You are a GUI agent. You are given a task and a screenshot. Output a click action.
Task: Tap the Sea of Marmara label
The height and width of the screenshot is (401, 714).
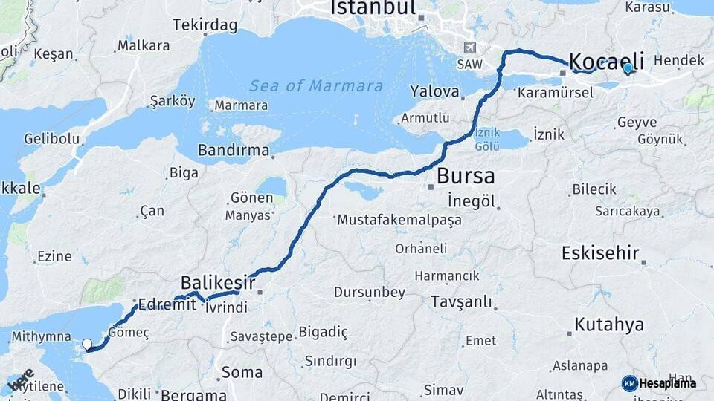pyautogui.click(x=316, y=86)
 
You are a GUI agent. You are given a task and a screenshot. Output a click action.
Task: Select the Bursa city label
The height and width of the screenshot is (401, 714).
pyautogui.click(x=466, y=176)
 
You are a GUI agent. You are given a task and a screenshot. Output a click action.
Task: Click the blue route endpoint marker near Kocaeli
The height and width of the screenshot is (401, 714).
pyautogui.click(x=628, y=68)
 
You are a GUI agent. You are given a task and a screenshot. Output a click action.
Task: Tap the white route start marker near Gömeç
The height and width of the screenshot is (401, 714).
pyautogui.click(x=87, y=344)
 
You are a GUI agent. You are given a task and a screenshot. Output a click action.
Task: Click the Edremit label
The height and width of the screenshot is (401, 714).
pyautogui.click(x=167, y=304)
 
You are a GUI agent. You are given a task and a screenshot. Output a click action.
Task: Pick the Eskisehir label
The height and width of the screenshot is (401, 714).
pyautogui.click(x=601, y=253)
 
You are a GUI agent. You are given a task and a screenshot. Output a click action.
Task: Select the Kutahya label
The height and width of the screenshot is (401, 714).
pyautogui.click(x=609, y=325)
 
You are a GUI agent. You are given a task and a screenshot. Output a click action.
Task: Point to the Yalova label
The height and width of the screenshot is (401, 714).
pyautogui.click(x=434, y=92)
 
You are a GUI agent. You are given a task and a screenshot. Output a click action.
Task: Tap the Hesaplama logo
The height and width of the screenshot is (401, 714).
pyautogui.click(x=659, y=383)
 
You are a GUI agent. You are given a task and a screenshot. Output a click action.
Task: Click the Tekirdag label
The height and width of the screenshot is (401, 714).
pyautogui.click(x=205, y=25)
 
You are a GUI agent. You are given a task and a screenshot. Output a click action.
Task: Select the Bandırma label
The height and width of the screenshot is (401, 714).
pyautogui.click(x=234, y=151)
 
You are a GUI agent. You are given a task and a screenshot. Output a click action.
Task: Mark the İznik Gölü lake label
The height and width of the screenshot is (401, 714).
pyautogui.click(x=487, y=139)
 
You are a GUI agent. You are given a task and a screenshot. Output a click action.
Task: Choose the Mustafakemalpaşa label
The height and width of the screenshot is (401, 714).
pyautogui.click(x=399, y=220)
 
